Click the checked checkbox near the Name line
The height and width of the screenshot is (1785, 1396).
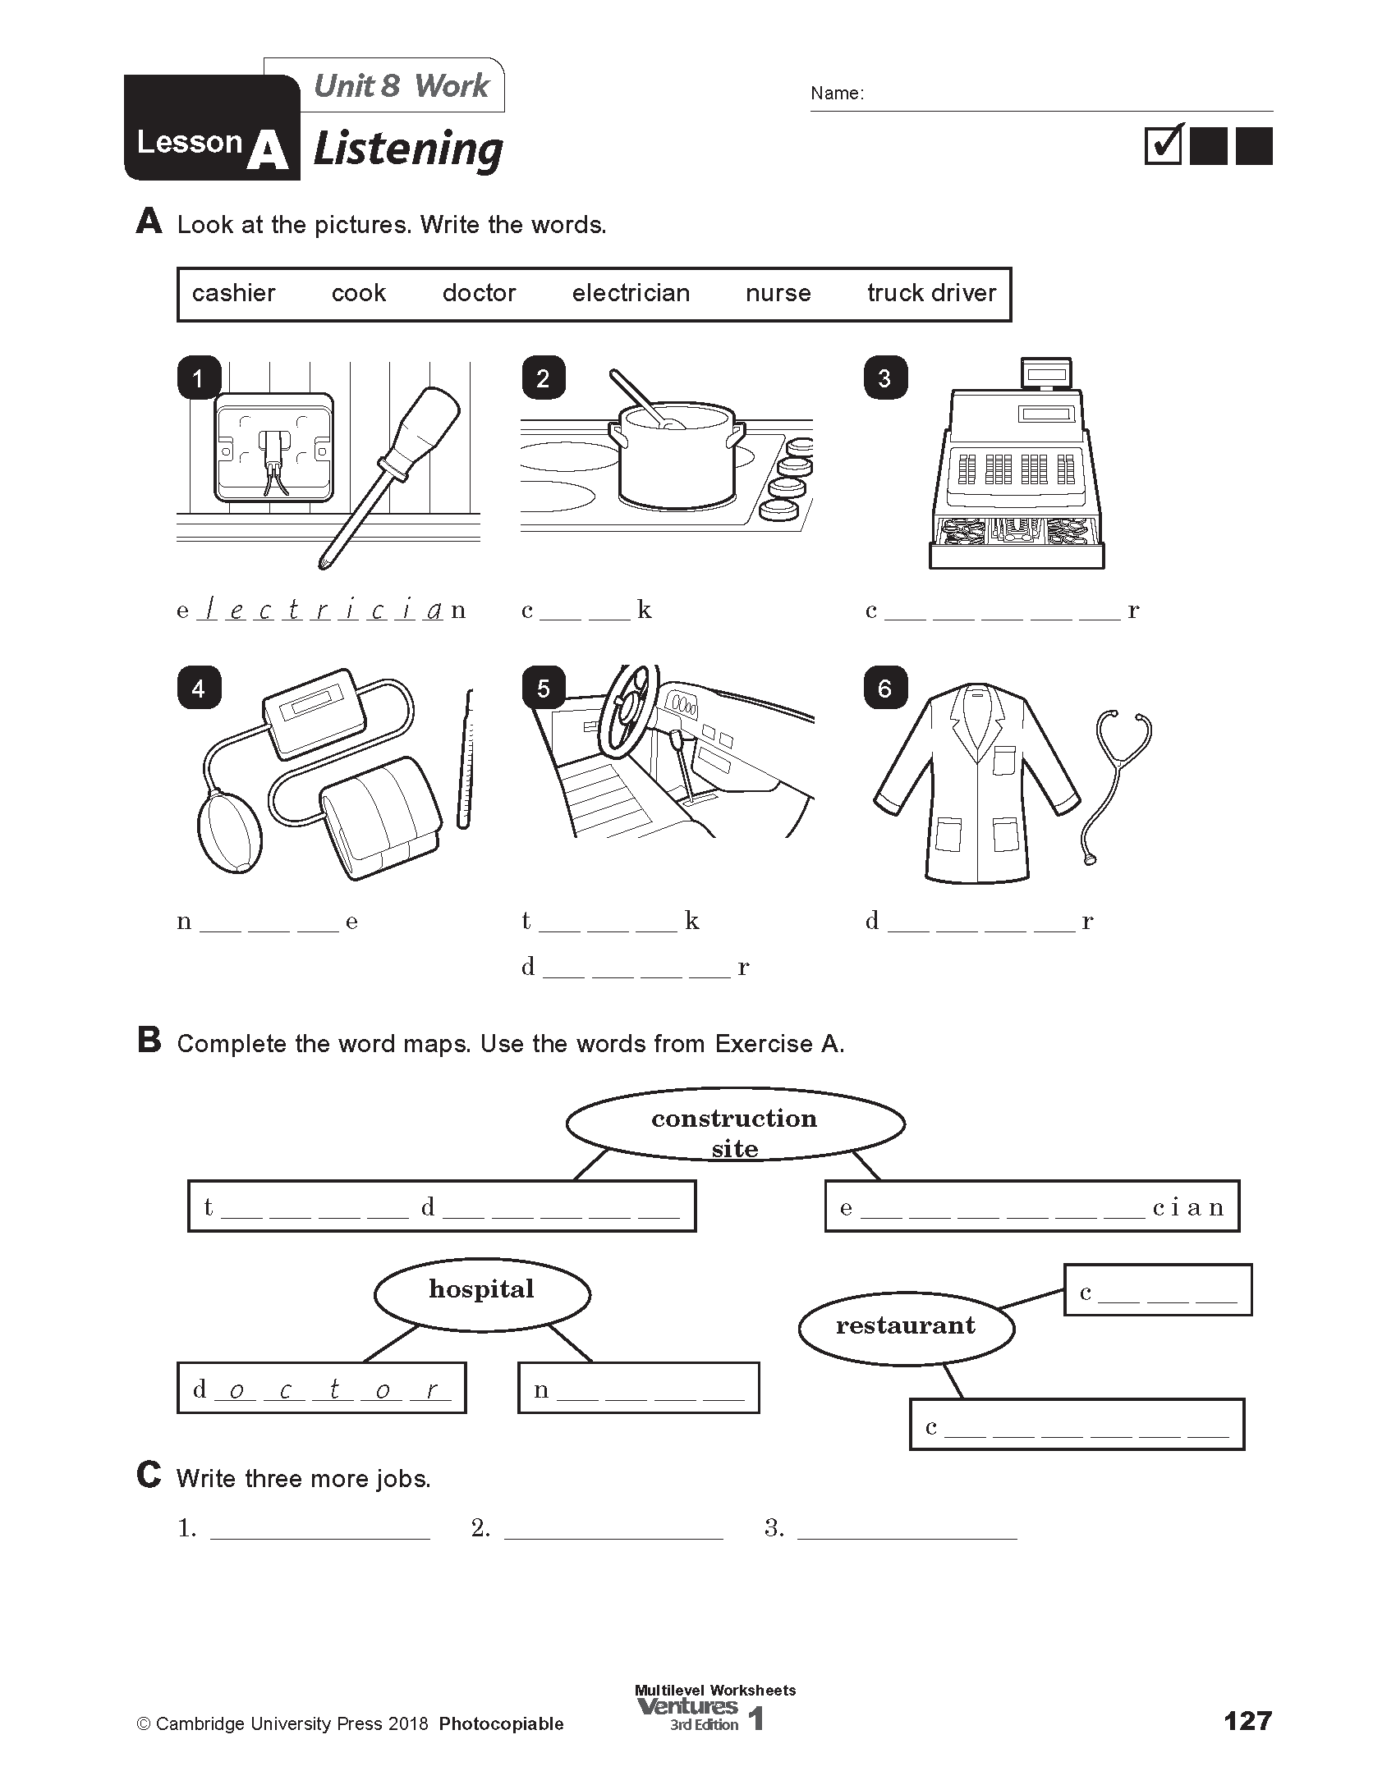coord(1163,146)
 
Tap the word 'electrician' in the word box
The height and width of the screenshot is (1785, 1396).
coord(631,293)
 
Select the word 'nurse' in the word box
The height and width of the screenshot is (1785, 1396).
coord(778,293)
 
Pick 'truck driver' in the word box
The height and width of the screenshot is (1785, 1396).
coord(931,293)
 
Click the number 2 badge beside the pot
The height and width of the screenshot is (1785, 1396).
coord(543,378)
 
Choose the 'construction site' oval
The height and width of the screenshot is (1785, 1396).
coord(734,1125)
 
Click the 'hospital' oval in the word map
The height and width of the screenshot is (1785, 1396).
coord(482,1294)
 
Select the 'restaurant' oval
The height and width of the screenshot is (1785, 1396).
coord(906,1326)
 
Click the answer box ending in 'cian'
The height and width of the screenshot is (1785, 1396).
coord(1031,1206)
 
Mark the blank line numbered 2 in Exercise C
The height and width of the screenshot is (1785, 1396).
coord(613,1528)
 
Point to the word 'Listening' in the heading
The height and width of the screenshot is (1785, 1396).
coord(407,150)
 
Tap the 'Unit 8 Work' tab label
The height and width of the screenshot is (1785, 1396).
coord(401,85)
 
